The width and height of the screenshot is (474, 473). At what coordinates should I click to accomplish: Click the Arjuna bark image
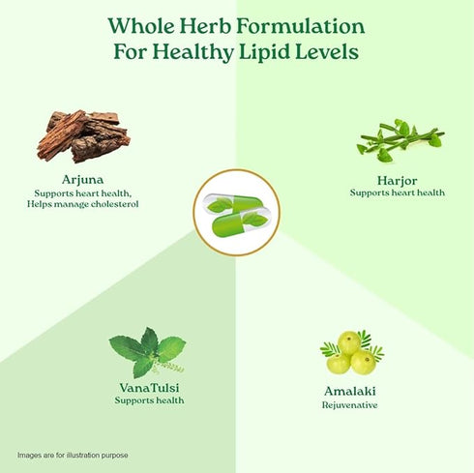pos(83,134)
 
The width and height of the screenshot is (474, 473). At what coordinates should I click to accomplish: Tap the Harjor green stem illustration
pos(399,141)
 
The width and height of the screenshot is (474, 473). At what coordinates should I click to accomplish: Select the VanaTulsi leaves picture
pos(146,354)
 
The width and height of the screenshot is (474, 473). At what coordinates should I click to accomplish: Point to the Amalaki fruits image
pos(350,353)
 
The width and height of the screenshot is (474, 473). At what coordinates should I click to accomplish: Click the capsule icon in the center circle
pos(236,212)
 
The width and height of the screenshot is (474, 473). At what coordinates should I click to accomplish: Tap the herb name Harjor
pos(397,180)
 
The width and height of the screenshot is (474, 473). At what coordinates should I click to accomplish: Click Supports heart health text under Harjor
pos(397,192)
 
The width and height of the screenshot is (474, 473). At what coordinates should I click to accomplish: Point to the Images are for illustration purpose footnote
pos(73,455)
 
